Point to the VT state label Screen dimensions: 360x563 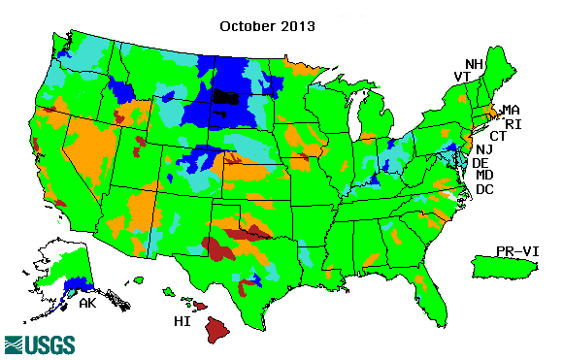[463, 77]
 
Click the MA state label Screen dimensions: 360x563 [511, 110]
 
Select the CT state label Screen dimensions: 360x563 [499, 136]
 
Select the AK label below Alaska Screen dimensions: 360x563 [86, 303]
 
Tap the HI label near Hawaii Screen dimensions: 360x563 [182, 320]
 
